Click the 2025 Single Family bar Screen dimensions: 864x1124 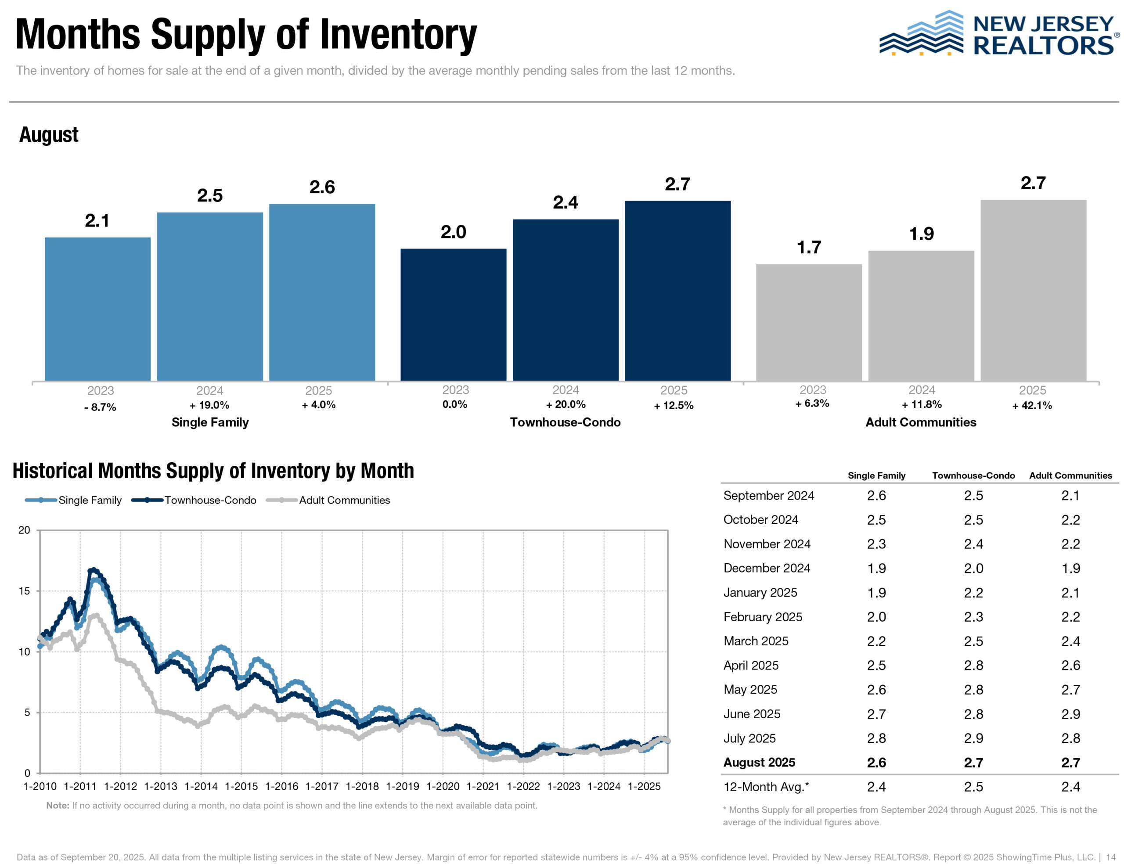pyautogui.click(x=322, y=292)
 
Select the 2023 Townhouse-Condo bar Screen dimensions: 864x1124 pyautogui.click(x=453, y=314)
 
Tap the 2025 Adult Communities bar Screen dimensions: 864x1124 pyautogui.click(x=1033, y=290)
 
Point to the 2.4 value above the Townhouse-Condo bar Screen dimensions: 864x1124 pyautogui.click(x=565, y=202)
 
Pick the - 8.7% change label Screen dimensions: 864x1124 pyautogui.click(x=100, y=407)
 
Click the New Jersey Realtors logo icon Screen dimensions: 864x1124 pyautogui.click(x=920, y=33)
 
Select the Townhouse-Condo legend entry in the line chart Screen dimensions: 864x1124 pyautogui.click(x=194, y=500)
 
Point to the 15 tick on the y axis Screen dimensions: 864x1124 pyautogui.click(x=24, y=591)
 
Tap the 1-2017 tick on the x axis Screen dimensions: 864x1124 pyautogui.click(x=321, y=786)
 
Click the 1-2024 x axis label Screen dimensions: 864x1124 pyautogui.click(x=604, y=786)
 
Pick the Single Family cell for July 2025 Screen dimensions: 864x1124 pyautogui.click(x=876, y=738)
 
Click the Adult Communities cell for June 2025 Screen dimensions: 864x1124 pyautogui.click(x=1070, y=714)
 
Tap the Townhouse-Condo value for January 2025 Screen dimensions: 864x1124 pyautogui.click(x=973, y=592)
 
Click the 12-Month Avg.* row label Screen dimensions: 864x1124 pyautogui.click(x=766, y=786)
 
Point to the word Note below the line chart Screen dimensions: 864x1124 pyautogui.click(x=57, y=805)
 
